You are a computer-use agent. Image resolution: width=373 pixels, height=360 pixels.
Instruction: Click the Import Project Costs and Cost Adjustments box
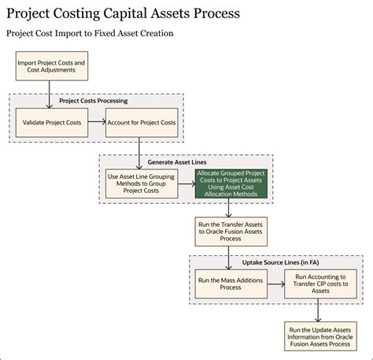51,66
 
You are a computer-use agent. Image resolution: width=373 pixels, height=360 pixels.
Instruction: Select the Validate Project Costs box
51,122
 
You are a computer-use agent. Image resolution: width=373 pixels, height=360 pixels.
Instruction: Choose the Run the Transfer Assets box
229,232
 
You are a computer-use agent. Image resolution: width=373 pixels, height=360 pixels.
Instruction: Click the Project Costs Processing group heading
95,100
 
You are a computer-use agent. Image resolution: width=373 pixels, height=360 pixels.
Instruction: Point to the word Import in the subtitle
77,35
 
